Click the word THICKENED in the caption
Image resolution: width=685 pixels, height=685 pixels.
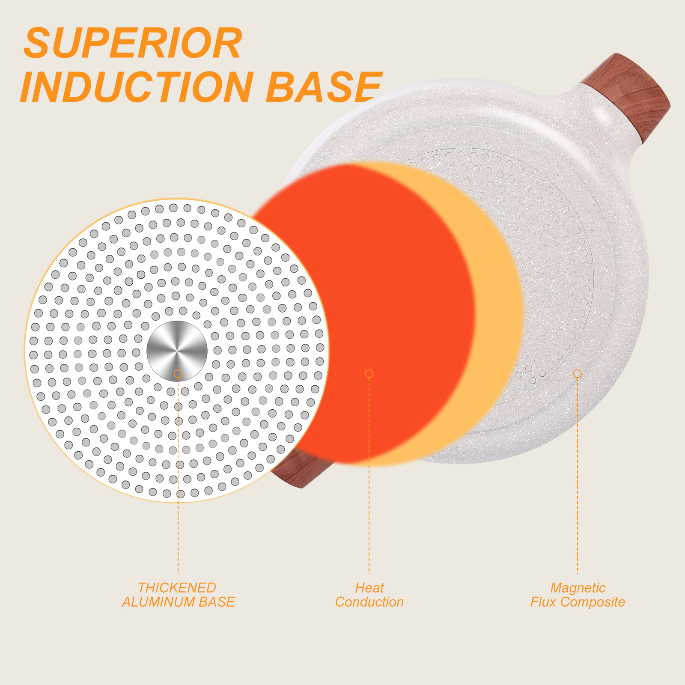[177, 587]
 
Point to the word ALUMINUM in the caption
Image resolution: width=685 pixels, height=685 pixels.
[158, 602]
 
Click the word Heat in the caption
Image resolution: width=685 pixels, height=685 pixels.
[369, 587]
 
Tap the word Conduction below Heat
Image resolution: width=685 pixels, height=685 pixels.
[369, 602]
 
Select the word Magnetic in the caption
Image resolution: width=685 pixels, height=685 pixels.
[578, 588]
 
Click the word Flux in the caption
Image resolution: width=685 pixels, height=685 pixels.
[544, 602]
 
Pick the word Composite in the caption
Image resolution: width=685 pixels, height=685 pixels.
[593, 602]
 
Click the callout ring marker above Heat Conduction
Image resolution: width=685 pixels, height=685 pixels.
[369, 374]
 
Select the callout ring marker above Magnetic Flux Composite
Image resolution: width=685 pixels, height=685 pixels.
[578, 374]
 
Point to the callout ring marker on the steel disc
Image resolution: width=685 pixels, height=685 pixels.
[178, 374]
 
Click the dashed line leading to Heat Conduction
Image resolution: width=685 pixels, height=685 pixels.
[369, 476]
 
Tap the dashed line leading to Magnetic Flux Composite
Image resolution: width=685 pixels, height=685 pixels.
[578, 476]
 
